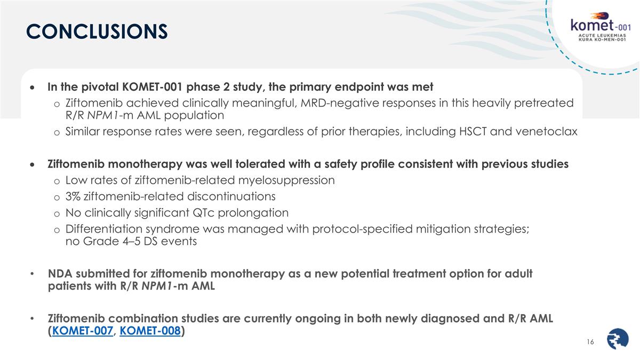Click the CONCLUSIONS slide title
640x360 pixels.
click(97, 31)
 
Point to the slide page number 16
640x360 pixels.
click(590, 341)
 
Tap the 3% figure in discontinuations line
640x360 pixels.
click(73, 196)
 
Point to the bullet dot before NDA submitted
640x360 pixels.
click(33, 274)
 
